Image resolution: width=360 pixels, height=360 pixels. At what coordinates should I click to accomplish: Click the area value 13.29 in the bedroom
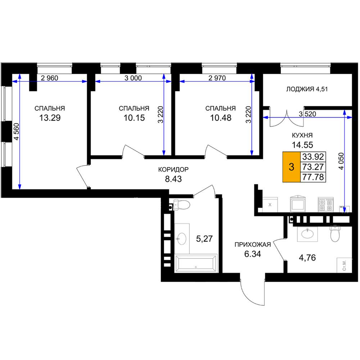pos(50,118)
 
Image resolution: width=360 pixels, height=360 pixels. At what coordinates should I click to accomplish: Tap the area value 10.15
pos(134,118)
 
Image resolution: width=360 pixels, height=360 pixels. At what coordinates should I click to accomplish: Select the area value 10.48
pos(221,118)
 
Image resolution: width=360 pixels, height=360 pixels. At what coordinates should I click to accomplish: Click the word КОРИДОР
pos(174,170)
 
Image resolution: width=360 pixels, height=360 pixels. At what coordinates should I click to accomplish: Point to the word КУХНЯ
pos(302,135)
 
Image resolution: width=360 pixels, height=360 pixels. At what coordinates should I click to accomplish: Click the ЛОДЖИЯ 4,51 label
pos(307,89)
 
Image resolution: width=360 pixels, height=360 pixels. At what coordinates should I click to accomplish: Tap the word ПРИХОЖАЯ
pos(253,244)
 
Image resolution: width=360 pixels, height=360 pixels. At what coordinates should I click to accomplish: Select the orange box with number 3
pos(292,167)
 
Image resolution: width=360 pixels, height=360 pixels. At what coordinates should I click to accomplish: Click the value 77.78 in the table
pos(313,177)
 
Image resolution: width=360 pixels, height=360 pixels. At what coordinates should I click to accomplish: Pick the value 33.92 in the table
pos(313,157)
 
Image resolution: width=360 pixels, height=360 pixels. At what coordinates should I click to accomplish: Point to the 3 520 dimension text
pos(307,114)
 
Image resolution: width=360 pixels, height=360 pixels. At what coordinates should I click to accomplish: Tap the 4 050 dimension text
pos(342,161)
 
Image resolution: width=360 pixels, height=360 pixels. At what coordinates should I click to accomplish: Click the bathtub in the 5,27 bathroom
pos(195,263)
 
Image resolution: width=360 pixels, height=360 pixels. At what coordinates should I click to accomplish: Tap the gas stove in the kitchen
pos(325,204)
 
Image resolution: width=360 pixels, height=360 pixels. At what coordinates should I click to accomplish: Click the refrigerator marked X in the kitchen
pos(270,204)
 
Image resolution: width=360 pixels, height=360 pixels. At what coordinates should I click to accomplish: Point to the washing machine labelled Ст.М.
pos(344,265)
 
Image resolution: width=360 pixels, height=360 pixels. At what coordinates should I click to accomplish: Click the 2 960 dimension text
pos(49,78)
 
